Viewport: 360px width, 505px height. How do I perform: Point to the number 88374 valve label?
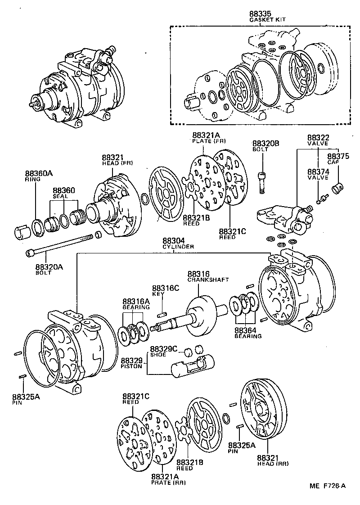pyautogui.click(x=319, y=172)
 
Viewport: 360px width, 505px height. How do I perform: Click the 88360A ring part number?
pyautogui.click(x=39, y=173)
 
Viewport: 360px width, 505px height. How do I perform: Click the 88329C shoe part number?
pyautogui.click(x=164, y=349)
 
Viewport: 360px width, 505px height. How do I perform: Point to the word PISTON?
pyautogui.click(x=131, y=366)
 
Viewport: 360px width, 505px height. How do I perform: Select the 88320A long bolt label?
pyautogui.click(x=49, y=266)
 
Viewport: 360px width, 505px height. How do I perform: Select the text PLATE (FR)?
pyautogui.click(x=207, y=141)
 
